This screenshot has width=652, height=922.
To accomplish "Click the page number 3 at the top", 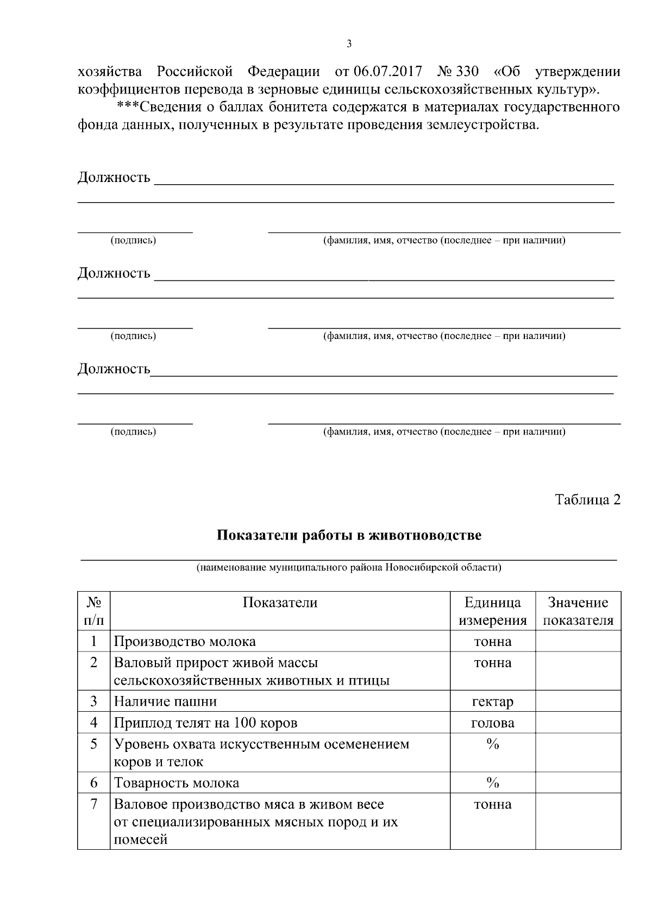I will (349, 44).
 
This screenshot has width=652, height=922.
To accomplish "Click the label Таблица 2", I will (587, 500).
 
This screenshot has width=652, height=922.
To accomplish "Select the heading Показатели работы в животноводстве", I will (349, 535).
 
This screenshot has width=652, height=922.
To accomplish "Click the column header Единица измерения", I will (492, 611).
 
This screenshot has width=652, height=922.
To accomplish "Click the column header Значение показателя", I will (578, 611).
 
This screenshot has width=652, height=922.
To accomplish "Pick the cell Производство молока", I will (185, 642).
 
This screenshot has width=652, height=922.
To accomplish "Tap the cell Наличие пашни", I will (165, 701).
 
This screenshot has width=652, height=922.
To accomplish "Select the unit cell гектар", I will (492, 701).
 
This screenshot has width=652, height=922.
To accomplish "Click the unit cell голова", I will (492, 723).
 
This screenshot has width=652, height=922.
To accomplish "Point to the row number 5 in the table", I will (93, 744).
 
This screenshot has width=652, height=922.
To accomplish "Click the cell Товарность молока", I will (177, 783).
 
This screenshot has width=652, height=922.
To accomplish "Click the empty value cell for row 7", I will (578, 820).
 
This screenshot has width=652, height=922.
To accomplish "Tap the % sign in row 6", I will (492, 783).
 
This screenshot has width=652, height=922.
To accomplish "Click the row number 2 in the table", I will (93, 663).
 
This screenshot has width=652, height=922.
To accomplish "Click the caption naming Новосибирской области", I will (349, 568).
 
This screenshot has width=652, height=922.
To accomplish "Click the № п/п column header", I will (93, 611).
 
